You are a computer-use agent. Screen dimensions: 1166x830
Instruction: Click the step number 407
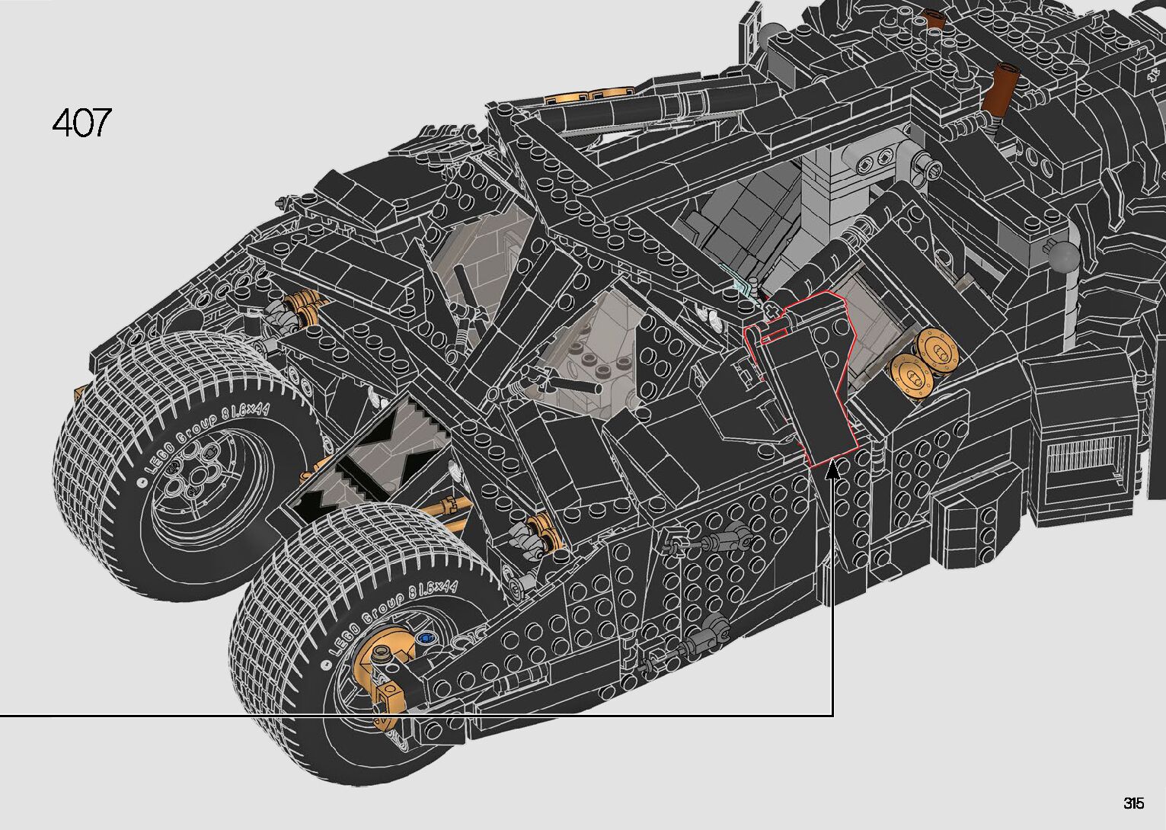tap(81, 123)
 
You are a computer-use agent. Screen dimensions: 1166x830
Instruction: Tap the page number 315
tap(1134, 803)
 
